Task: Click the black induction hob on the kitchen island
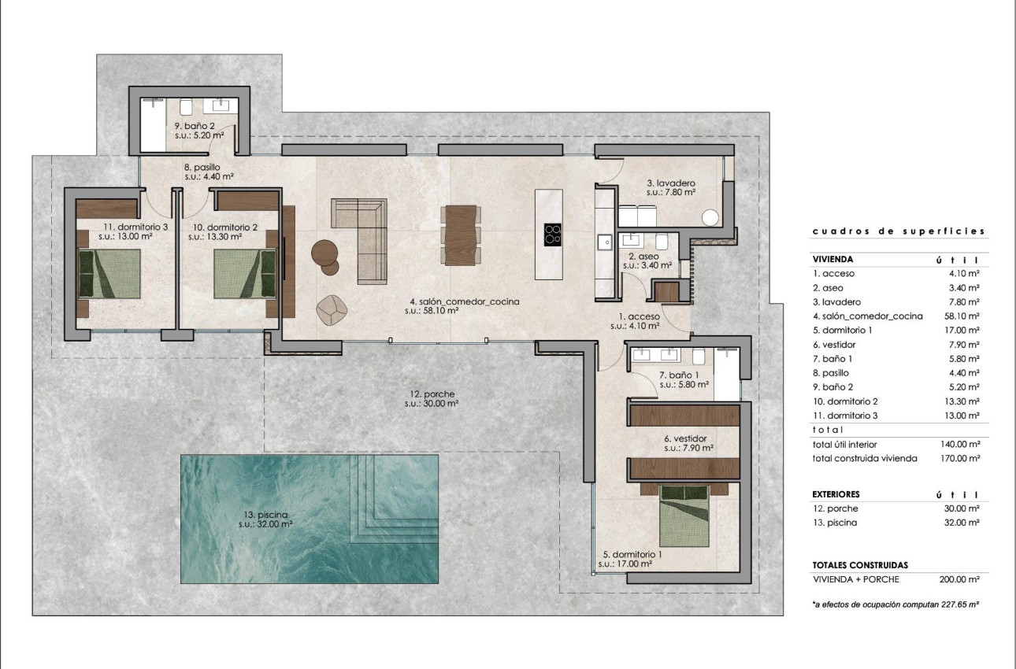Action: click(x=554, y=235)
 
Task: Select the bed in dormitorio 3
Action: click(x=109, y=274)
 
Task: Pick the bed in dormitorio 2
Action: click(x=244, y=274)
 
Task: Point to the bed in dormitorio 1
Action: click(x=688, y=516)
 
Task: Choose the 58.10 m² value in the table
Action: click(x=959, y=316)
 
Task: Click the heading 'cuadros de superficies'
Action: click(x=898, y=231)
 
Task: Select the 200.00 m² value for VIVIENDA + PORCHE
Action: click(x=959, y=579)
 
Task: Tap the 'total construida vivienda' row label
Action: click(x=864, y=458)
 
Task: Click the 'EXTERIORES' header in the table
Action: click(x=836, y=494)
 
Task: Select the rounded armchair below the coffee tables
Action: click(x=332, y=309)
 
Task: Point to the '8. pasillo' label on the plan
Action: click(x=202, y=167)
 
